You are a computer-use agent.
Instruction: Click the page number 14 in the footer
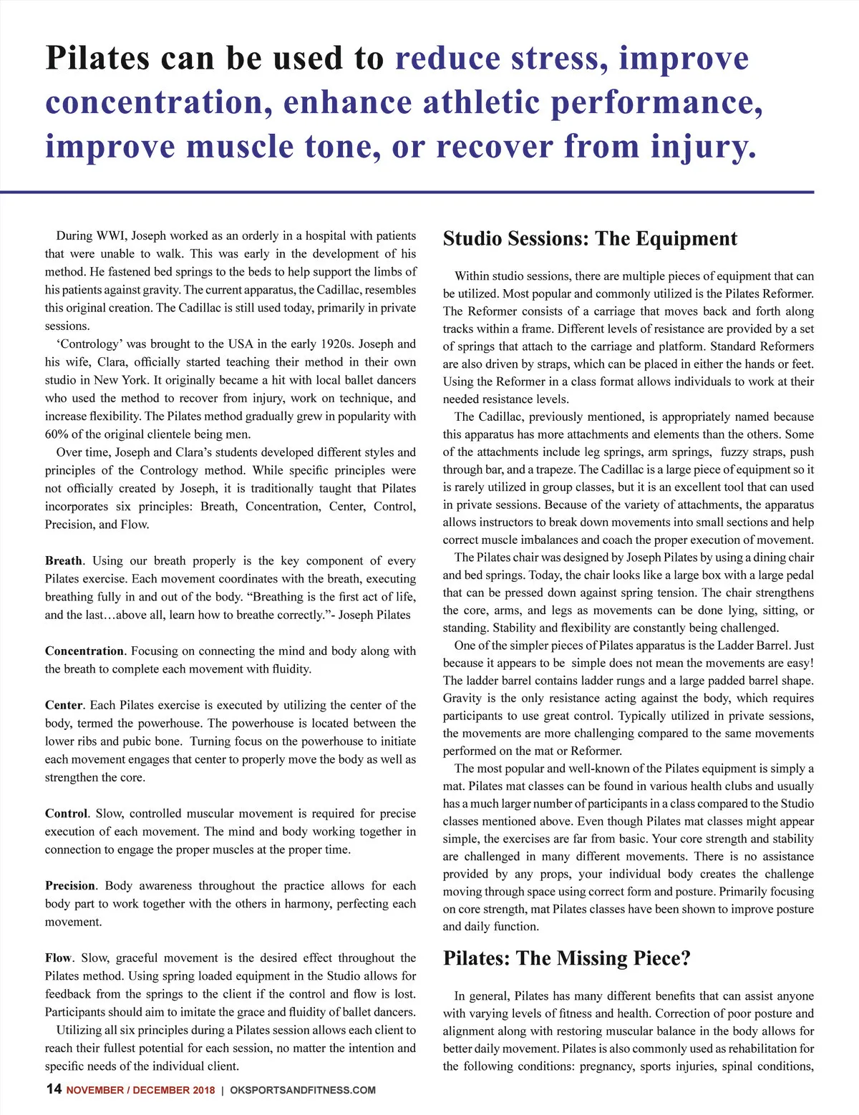[x=54, y=1089]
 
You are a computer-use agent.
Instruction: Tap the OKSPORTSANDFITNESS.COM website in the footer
[x=303, y=1090]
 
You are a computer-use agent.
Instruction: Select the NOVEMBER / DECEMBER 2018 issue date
[x=140, y=1090]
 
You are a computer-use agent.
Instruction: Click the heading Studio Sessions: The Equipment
[x=590, y=239]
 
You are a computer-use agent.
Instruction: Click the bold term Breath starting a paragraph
[x=64, y=561]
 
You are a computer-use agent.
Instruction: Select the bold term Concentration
[x=84, y=651]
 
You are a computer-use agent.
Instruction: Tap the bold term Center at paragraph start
[x=64, y=705]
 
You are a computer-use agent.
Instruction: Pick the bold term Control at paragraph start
[x=66, y=814]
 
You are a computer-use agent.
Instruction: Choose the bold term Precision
[x=70, y=886]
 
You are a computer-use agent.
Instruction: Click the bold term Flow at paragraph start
[x=58, y=958]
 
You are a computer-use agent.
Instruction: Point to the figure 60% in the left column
[x=57, y=434]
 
